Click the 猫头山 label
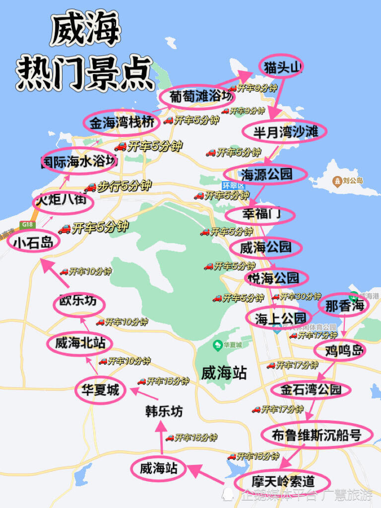point(281,66)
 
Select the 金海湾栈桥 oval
point(122,122)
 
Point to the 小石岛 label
point(33,242)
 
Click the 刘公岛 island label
point(353,181)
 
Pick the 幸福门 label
point(260,214)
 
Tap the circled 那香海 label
point(344,305)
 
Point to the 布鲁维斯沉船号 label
point(316,436)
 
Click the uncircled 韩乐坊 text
point(164,411)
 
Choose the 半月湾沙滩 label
point(284,131)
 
